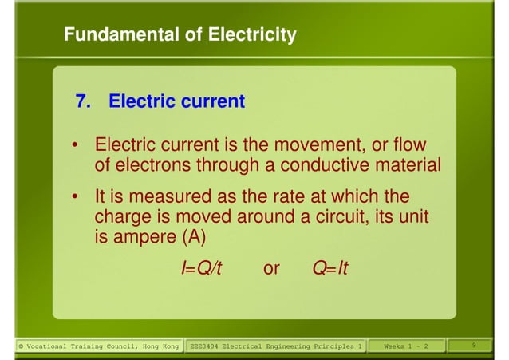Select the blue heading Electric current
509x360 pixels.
pyautogui.click(x=176, y=102)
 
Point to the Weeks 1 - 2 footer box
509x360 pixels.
pyautogui.click(x=405, y=346)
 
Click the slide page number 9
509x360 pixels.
pyautogui.click(x=474, y=345)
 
